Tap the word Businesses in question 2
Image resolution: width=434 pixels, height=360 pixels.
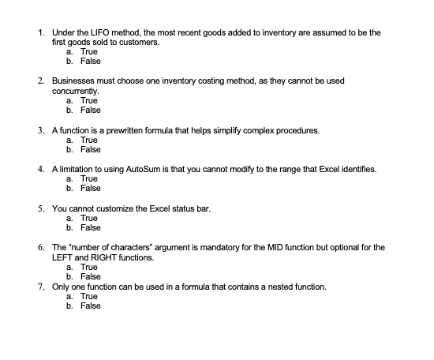pyautogui.click(x=75, y=81)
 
